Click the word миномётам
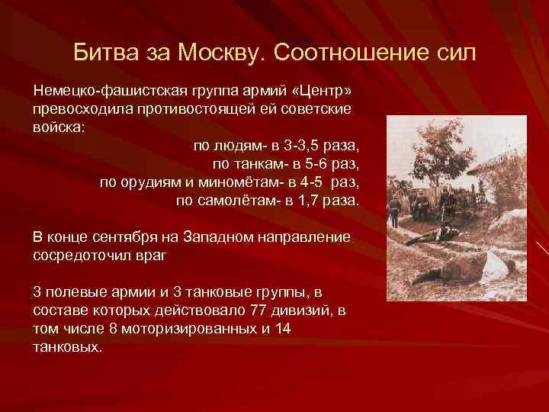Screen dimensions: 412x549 (x=222, y=182)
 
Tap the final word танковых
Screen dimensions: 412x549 (x=66, y=347)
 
